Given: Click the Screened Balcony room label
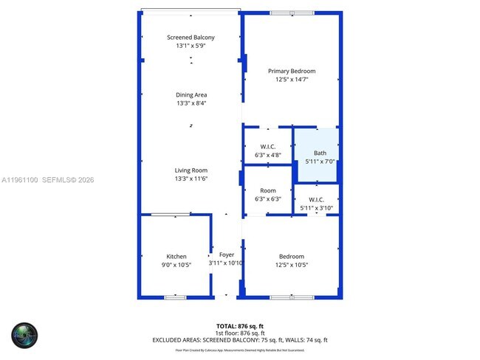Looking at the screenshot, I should [191, 38].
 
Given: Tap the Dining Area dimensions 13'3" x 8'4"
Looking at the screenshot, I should [191, 104].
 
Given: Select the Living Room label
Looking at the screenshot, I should [191, 170].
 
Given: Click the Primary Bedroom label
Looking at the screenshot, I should [291, 71].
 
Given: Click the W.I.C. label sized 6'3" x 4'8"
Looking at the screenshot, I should [268, 147].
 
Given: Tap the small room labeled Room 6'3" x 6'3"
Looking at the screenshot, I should [268, 190].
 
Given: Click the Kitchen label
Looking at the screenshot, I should [176, 257].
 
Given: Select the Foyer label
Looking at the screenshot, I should [226, 255].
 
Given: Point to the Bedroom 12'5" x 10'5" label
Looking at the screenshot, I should [291, 257].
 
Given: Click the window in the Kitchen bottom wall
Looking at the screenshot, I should [175, 297].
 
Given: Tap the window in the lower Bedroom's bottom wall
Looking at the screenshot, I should [292, 297].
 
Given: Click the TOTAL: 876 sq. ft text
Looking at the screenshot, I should [239, 325].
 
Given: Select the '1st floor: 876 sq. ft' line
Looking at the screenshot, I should [239, 333].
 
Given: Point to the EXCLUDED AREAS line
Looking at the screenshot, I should [239, 340].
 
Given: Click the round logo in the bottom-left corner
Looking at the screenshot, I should [24, 336].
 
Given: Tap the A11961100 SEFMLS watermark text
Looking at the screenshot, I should [48, 179].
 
